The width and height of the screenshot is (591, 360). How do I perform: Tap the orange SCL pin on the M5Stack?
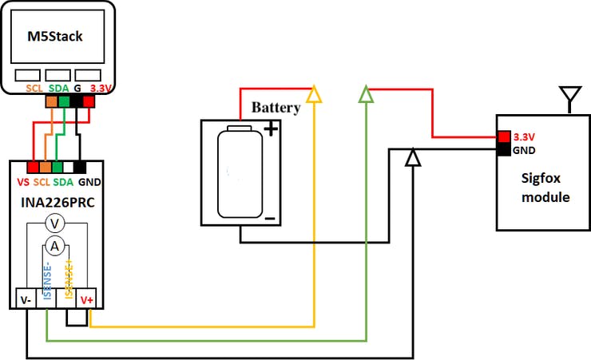52,101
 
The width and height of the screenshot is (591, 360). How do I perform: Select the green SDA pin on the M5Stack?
64,101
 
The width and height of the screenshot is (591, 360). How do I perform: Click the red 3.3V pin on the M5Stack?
89,101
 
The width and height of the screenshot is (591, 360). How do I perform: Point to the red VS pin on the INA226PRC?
33,168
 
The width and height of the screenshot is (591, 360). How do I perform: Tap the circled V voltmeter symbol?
54,224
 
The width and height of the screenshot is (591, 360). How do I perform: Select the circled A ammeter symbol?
54,246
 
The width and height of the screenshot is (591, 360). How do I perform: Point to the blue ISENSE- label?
47,279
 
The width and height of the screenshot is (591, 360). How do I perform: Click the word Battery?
276,108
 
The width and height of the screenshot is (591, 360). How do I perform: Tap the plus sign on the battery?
271,128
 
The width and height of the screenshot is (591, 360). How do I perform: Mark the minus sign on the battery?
270,218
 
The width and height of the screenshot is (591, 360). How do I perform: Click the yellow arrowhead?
314,95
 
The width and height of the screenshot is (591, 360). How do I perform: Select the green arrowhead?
366,95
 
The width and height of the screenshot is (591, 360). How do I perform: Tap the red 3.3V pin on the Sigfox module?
503,136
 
